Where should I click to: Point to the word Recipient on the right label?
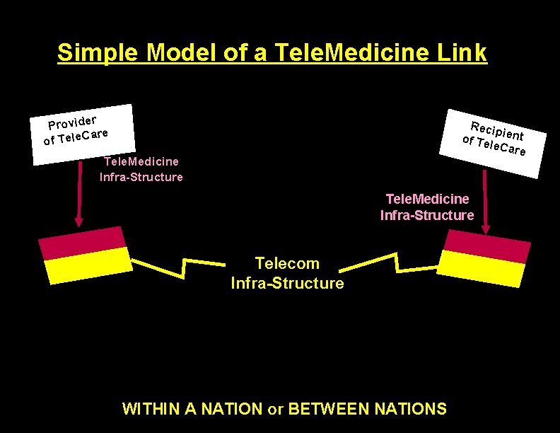[497, 131]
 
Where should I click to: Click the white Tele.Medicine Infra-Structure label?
[141, 169]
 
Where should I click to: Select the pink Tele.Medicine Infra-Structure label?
[427, 207]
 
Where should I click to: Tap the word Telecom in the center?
[287, 264]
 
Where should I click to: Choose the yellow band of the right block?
[481, 267]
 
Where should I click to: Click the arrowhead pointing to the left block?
[78, 219]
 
